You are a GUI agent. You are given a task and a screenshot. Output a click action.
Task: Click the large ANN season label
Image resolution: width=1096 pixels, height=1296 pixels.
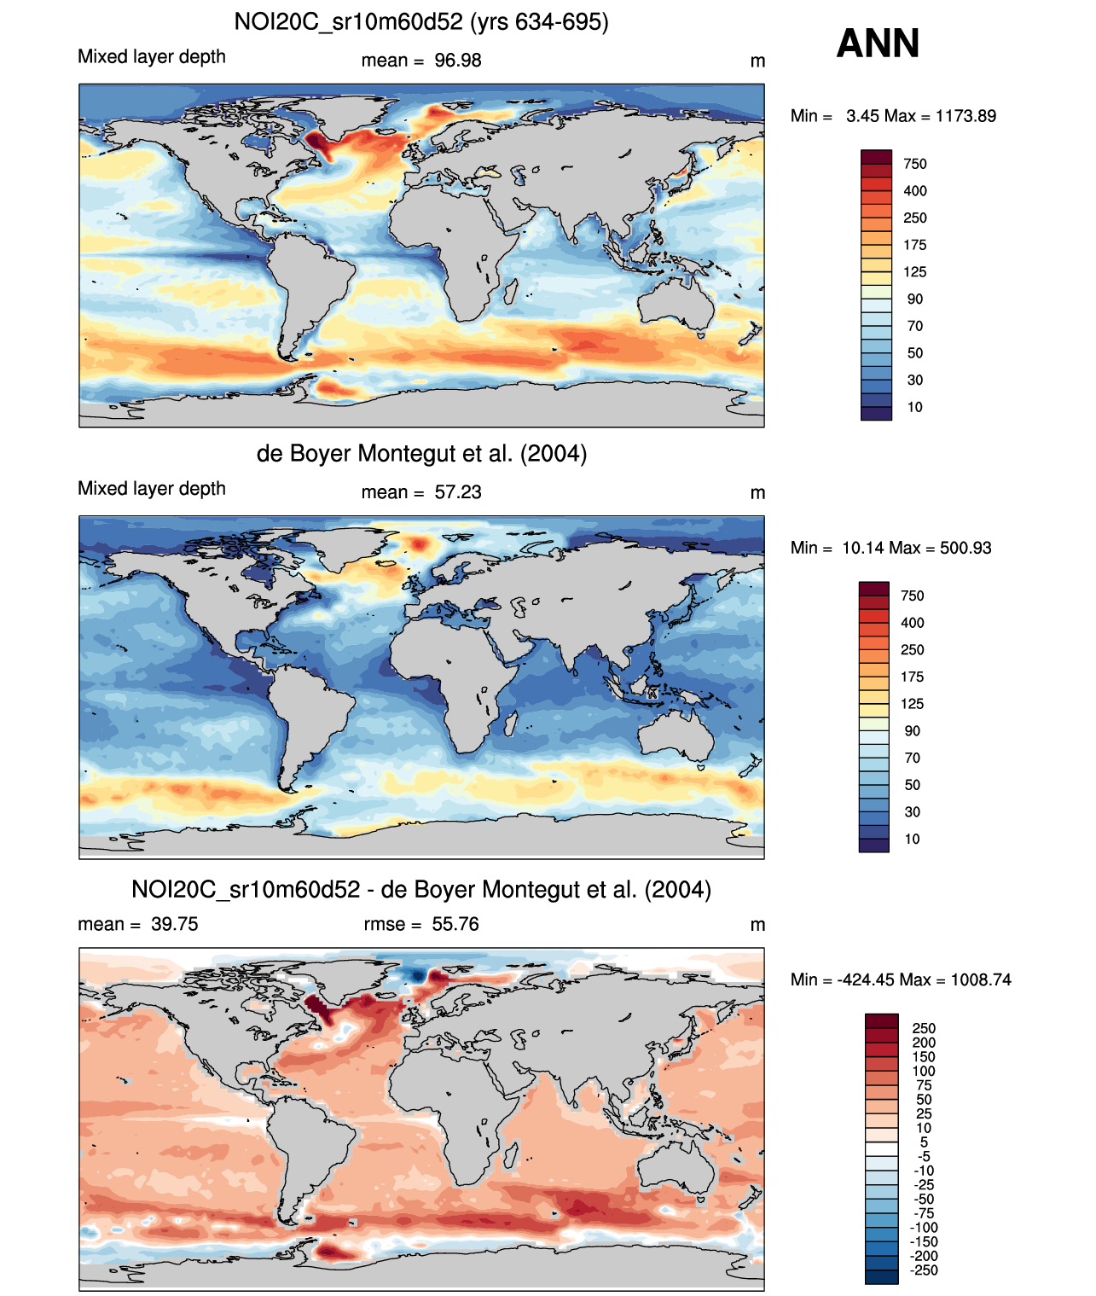click(x=878, y=44)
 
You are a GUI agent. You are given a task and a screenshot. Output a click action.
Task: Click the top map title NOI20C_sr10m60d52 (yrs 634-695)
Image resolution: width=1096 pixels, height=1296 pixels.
click(x=421, y=21)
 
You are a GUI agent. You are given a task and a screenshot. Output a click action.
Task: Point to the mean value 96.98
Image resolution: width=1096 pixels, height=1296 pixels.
click(x=458, y=61)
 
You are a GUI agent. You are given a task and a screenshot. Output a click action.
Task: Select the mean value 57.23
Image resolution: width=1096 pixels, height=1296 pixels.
click(x=458, y=492)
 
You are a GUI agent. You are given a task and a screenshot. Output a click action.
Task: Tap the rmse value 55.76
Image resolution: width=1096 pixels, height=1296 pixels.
click(x=455, y=924)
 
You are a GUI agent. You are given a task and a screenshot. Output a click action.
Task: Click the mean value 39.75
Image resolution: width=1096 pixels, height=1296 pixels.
click(x=175, y=924)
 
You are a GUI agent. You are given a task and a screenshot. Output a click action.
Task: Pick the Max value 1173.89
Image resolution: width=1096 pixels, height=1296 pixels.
click(x=966, y=116)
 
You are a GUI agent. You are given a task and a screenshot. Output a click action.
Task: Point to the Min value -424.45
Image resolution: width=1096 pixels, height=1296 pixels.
click(x=872, y=979)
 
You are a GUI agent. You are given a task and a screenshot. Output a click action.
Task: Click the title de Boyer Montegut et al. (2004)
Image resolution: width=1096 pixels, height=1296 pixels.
click(x=421, y=453)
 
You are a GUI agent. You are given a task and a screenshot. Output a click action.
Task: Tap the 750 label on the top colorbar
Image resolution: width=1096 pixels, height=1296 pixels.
click(x=915, y=164)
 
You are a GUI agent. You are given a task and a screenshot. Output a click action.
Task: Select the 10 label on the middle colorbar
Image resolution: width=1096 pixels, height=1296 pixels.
click(x=913, y=839)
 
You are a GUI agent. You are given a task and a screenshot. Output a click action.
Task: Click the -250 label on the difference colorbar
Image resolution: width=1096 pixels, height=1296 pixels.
click(x=924, y=1270)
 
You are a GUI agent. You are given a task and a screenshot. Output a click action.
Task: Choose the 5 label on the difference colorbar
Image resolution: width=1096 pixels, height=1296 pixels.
click(x=924, y=1142)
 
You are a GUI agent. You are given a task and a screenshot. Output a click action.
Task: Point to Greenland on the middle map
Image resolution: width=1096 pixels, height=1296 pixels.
click(x=358, y=546)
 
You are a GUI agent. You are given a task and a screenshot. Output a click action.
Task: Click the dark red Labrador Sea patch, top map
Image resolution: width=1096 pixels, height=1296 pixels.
click(x=317, y=141)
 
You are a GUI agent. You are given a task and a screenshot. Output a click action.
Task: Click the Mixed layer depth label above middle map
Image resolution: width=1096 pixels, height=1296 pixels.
click(x=152, y=488)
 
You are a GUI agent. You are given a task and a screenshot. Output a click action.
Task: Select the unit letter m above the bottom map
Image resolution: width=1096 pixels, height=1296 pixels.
click(x=757, y=925)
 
